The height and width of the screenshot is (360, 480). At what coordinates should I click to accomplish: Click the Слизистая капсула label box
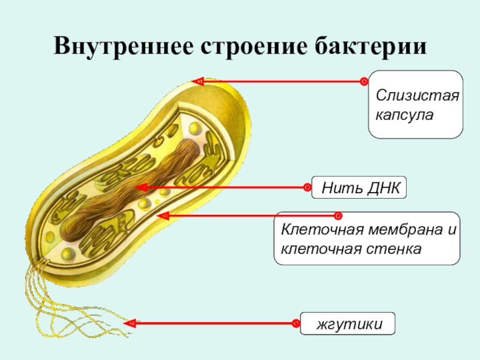point(415,104)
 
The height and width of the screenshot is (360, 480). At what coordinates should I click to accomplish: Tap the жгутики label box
point(348,323)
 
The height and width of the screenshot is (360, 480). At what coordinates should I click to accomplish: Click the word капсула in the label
point(404,113)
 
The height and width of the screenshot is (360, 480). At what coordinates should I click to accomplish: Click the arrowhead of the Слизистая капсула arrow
point(197,81)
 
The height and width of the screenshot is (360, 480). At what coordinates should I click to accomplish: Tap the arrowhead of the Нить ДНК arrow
point(141,188)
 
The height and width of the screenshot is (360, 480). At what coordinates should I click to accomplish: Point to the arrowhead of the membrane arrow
point(161,215)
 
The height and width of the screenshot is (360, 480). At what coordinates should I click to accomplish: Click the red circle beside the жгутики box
point(296,324)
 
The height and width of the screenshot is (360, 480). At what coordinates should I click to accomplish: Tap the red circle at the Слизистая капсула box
point(364,81)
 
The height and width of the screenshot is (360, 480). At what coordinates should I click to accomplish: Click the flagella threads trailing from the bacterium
point(60,300)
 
